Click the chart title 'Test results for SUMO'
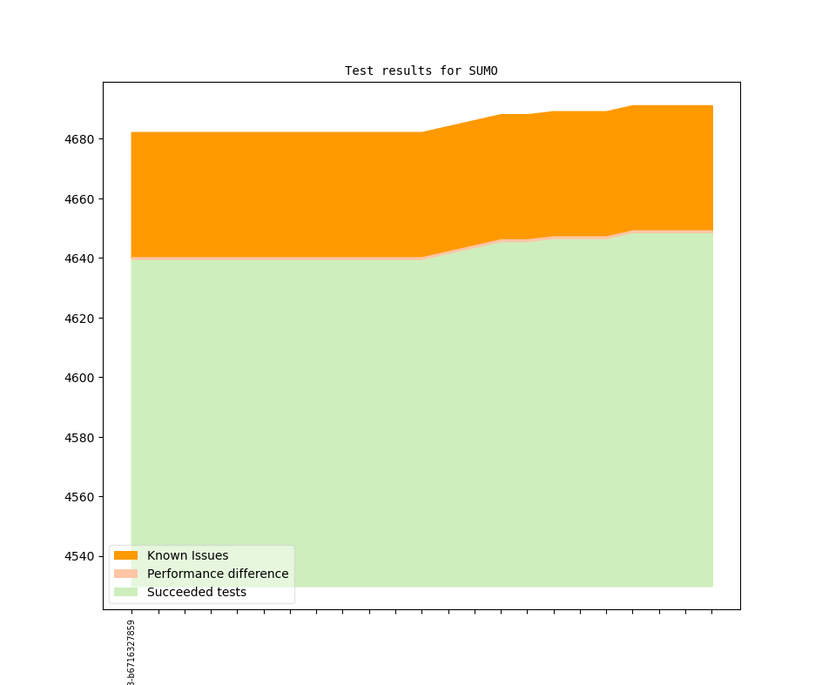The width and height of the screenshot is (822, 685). coord(421,71)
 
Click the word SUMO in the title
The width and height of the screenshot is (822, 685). coord(483,71)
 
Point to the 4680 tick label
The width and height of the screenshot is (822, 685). coord(81,139)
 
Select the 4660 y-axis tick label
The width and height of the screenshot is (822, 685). coord(81,199)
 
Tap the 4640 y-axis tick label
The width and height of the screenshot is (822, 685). coord(81,259)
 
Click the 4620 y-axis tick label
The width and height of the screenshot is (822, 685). coord(81,319)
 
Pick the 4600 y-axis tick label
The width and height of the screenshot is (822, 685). coord(81,378)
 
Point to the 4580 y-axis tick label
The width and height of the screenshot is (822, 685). coord(81,438)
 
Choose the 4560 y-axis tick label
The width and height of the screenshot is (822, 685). coord(81,497)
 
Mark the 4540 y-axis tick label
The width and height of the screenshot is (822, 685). coord(81,556)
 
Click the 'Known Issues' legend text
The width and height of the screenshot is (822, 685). coord(187,555)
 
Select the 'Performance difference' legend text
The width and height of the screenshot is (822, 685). coord(218,574)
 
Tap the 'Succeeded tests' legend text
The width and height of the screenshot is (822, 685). coord(197,592)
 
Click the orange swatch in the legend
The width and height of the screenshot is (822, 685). coord(125,555)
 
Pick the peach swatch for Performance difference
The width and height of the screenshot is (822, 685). coord(125,574)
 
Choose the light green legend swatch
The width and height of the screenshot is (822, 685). coord(125,592)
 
